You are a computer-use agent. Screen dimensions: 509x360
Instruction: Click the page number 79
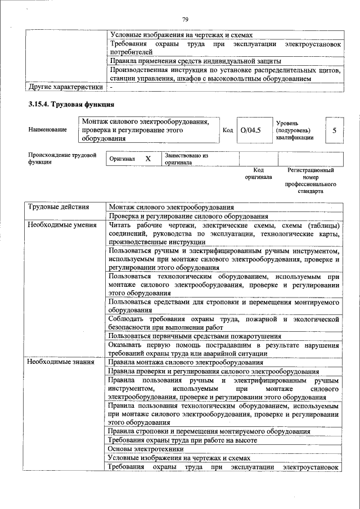184,20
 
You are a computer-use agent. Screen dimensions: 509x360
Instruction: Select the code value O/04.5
250,130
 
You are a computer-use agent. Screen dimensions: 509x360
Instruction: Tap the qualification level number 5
334,130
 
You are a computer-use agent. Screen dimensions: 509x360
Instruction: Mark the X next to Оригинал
148,159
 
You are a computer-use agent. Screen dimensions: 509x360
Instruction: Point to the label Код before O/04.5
228,130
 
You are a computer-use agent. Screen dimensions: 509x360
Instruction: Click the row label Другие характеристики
65,87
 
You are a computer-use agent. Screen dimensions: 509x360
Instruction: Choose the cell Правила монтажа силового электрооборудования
186,362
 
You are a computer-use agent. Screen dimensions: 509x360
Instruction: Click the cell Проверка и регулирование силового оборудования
188,216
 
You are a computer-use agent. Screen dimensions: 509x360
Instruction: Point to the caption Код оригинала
258,173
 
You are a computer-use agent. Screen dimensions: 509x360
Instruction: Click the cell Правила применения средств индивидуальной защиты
195,61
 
